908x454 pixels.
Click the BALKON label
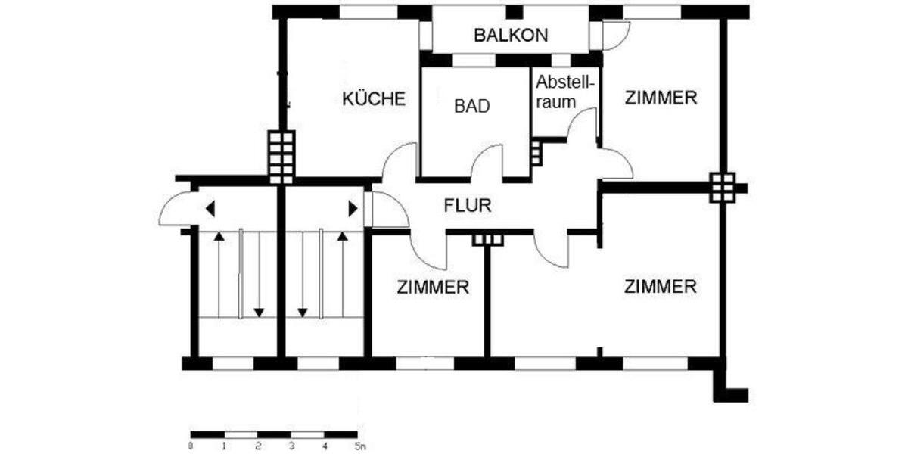tap(511, 35)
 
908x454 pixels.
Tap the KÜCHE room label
tap(374, 99)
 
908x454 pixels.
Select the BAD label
tap(472, 106)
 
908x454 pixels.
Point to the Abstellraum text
tap(566, 90)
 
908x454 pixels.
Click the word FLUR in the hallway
tap(468, 204)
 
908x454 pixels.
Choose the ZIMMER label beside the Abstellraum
tap(660, 98)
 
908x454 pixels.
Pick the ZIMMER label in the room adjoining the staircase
tap(433, 287)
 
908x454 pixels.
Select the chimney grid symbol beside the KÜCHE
tap(281, 157)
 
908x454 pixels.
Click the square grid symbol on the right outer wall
tap(722, 187)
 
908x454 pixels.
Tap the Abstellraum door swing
tap(583, 125)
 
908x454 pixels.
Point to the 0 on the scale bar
tap(191, 446)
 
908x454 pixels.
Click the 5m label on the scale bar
tap(359, 446)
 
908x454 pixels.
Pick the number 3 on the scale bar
tap(291, 446)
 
